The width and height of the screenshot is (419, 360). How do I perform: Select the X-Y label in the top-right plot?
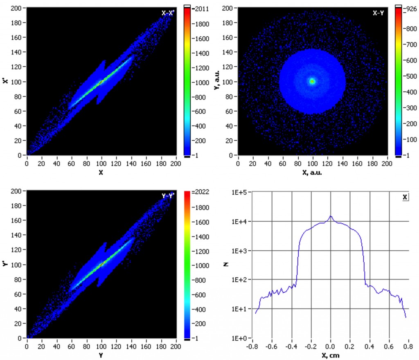point(378,13)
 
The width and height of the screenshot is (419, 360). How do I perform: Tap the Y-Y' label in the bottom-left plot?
point(168,196)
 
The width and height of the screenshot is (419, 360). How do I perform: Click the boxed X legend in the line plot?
point(405,197)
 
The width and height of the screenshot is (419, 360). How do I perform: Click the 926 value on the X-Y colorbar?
point(411,8)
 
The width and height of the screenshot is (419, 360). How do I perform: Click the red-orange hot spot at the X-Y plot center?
point(312,81)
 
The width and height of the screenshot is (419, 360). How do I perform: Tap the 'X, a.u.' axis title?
point(313,172)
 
